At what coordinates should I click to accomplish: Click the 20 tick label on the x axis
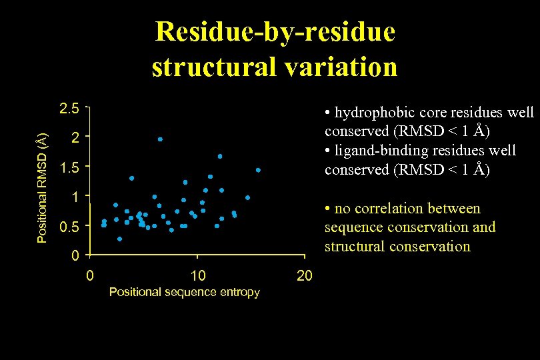[304, 276]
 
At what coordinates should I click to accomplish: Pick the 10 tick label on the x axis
[197, 276]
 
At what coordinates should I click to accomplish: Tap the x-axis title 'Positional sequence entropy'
[184, 292]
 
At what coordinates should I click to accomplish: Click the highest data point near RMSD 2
[160, 139]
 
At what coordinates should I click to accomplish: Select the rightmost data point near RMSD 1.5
[258, 171]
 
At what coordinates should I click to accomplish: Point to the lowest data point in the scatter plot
[119, 239]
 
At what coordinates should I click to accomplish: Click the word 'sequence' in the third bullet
[352, 227]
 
